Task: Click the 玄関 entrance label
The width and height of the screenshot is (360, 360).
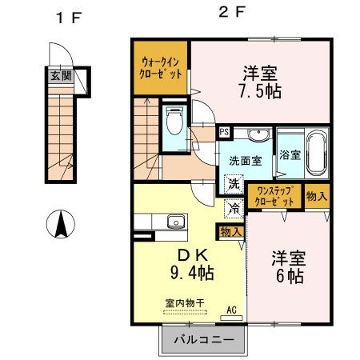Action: tap(61, 77)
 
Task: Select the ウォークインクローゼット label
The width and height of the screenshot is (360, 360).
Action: tap(162, 66)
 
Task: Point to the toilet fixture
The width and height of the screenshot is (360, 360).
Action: tap(174, 123)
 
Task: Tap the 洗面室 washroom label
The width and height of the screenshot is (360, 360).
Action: tap(246, 160)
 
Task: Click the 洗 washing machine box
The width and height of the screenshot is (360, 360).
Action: tap(234, 185)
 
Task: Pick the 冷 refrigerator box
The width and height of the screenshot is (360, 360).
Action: tap(234, 208)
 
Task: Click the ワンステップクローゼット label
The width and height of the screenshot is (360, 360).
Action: tap(276, 197)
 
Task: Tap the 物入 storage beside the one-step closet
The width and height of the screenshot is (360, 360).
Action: tap(317, 197)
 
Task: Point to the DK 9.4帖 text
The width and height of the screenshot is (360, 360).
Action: tap(190, 263)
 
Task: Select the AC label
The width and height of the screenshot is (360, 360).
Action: tap(231, 310)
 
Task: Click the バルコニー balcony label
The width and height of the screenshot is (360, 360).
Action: tap(206, 340)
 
